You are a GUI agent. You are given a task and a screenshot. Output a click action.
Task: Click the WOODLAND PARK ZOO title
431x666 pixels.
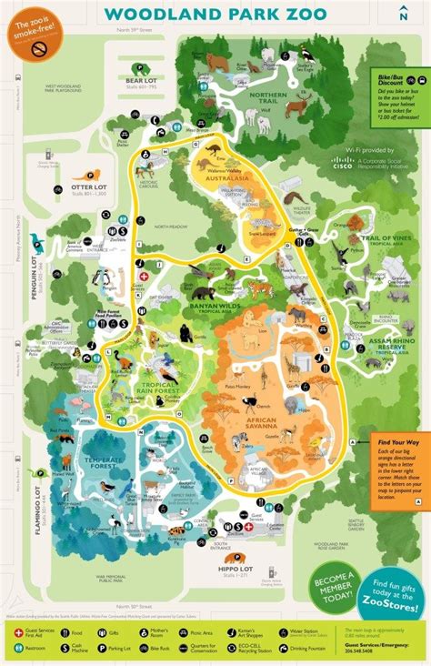pyautogui.click(x=215, y=14)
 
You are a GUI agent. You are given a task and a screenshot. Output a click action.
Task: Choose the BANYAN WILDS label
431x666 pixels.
pyautogui.click(x=215, y=308)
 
